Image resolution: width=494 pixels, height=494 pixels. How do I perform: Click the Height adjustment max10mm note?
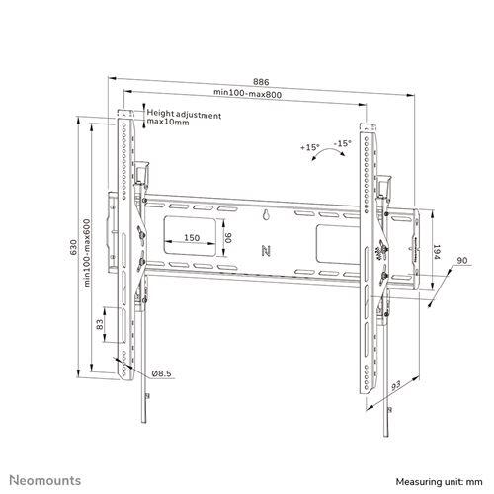184,119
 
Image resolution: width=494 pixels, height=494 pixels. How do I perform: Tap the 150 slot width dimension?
192,237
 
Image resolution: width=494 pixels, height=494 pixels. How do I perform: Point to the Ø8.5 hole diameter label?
164,373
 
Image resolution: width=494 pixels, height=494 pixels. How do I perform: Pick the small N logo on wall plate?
265,251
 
